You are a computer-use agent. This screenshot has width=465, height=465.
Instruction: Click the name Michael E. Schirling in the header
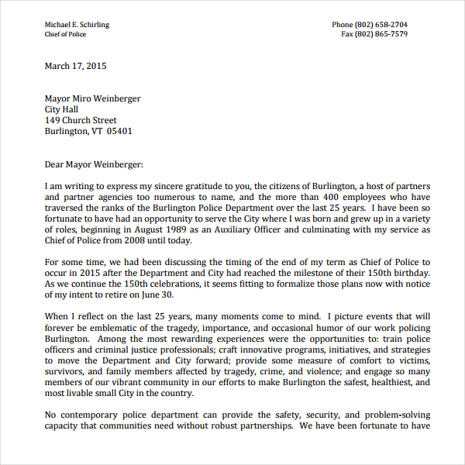(77, 25)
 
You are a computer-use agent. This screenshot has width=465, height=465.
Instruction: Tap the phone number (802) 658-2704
(381, 25)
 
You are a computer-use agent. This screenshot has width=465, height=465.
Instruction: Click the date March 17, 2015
(75, 66)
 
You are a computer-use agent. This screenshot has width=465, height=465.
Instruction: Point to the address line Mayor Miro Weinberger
(92, 99)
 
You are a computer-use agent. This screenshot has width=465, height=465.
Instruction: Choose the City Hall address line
(61, 110)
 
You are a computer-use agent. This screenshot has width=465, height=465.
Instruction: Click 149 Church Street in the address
(81, 121)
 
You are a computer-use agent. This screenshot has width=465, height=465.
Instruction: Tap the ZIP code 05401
(119, 132)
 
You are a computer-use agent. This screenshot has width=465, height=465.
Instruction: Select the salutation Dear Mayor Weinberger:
(94, 164)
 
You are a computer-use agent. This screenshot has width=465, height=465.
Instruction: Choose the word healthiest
(381, 382)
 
